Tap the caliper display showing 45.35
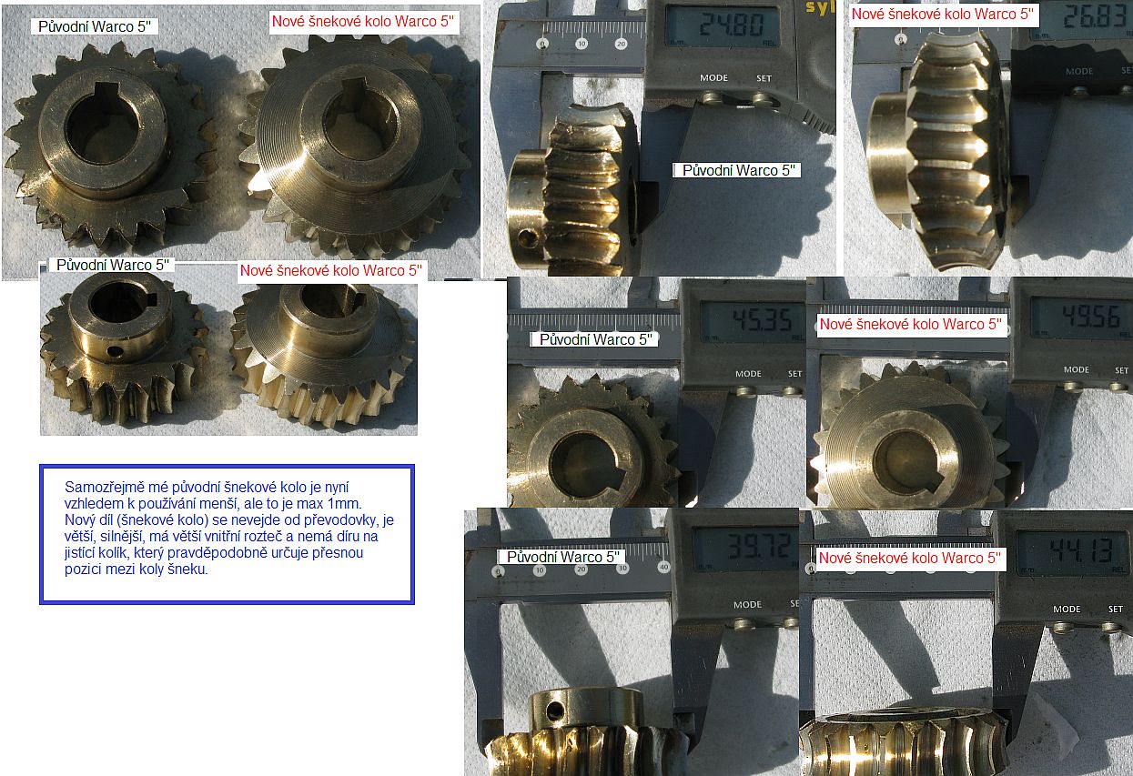coord(753,321)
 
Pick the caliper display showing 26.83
coord(1087,20)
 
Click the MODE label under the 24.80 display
coord(713,78)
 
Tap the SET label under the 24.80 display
coord(764,78)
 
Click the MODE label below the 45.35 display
coord(748,374)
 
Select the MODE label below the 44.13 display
coord(1067,610)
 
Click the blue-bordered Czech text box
coord(228,534)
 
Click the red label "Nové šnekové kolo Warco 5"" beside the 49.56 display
coord(910,324)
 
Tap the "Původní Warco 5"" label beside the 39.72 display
coord(563,557)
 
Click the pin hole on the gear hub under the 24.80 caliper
coord(529,237)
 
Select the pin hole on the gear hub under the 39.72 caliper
coord(554,710)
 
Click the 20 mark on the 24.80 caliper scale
coord(622,44)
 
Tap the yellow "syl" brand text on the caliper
coord(819,7)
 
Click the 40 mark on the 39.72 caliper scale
coord(664,567)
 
